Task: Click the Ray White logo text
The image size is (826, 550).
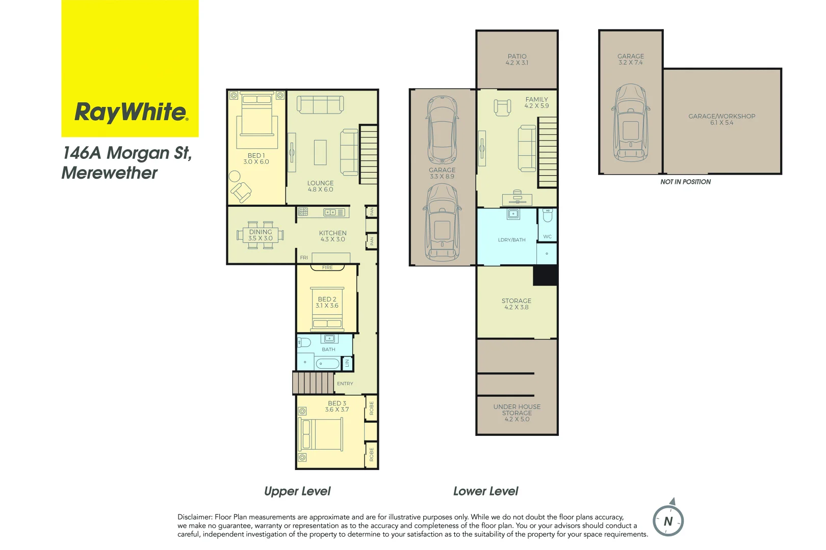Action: (131, 112)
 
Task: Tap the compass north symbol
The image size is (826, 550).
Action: (668, 521)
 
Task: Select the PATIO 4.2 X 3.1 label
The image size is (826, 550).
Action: (517, 60)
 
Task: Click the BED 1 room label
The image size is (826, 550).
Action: (256, 159)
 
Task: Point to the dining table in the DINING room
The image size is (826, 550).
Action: (260, 235)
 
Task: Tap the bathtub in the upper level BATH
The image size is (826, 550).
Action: (327, 363)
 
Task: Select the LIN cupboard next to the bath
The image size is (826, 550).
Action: (348, 363)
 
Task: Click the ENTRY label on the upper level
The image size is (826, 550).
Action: (345, 383)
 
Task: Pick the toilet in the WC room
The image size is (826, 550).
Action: (548, 216)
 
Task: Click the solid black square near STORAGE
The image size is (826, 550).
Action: (545, 276)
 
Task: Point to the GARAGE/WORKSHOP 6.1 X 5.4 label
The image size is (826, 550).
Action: (721, 119)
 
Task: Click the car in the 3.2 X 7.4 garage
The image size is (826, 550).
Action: (631, 123)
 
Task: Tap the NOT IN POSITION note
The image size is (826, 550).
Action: (685, 182)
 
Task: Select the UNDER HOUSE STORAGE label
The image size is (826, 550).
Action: (517, 413)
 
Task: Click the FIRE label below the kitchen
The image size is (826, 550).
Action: (327, 267)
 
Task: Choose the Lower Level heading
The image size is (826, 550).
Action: (485, 491)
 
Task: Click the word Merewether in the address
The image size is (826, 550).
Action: (110, 173)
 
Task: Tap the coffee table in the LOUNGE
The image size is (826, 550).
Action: (320, 152)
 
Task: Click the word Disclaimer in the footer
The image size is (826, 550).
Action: (195, 517)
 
